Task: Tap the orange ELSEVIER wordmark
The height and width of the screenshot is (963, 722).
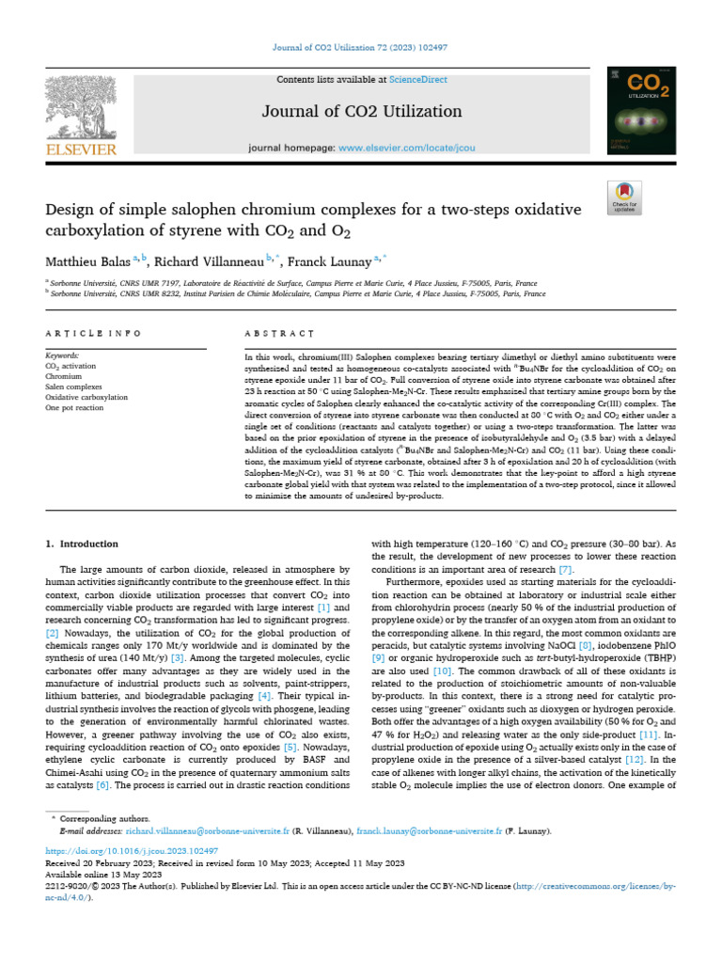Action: [80, 149]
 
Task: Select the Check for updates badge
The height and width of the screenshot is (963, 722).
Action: [624, 195]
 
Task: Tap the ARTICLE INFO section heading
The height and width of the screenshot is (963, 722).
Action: [93, 333]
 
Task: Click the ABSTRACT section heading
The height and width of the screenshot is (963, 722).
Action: [277, 333]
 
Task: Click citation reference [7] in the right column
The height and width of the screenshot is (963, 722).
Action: [565, 570]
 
